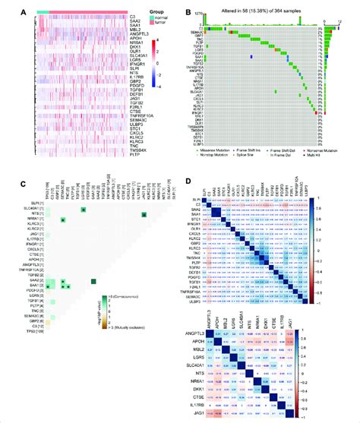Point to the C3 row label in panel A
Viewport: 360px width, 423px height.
coord(111,16)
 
